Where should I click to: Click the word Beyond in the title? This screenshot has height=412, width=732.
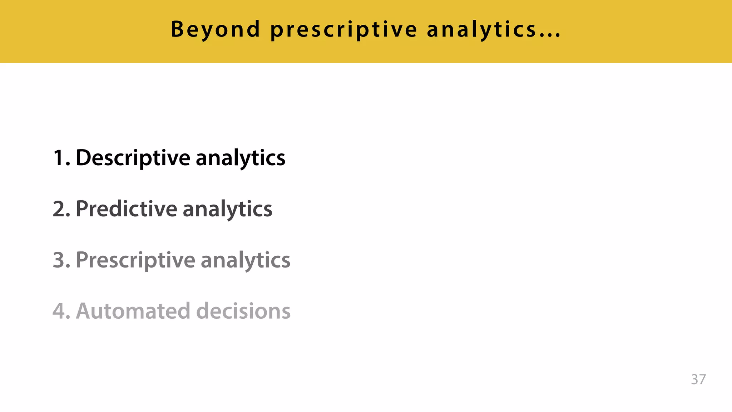point(216,29)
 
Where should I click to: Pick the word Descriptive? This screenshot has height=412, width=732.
point(133,158)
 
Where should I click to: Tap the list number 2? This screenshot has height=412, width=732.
point(61,209)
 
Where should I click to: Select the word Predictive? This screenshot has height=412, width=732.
point(126,209)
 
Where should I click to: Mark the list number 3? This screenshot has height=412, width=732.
point(61,260)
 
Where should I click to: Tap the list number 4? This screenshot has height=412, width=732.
point(61,311)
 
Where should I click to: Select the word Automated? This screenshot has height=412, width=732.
point(133,311)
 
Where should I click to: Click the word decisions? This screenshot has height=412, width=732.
point(243,311)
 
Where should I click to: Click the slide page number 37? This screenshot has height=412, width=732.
point(698,379)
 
